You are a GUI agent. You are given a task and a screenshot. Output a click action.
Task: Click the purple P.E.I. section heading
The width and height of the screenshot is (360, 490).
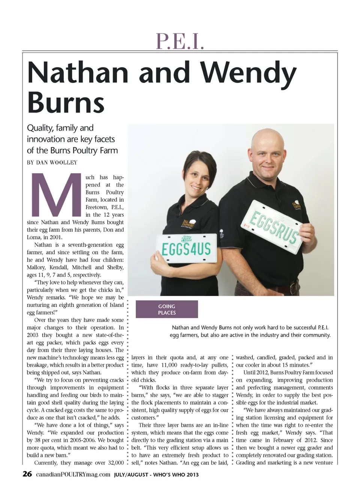[180, 42]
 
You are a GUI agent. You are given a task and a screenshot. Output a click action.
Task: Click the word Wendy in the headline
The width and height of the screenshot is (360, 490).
[248, 74]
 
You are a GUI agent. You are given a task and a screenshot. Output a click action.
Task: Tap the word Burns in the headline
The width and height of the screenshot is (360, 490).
[66, 102]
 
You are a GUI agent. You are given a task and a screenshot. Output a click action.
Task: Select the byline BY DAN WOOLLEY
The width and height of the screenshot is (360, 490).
[52, 162]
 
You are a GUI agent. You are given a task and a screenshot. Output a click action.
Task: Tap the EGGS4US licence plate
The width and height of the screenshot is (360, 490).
[186, 248]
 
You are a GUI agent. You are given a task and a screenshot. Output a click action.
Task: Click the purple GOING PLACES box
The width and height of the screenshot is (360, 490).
[167, 310]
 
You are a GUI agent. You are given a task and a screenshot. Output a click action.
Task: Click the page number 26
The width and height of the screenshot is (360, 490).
[27, 474]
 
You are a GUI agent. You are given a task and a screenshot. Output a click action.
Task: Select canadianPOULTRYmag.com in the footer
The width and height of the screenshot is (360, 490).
[73, 474]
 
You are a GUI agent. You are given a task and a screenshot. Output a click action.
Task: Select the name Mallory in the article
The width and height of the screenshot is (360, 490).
[36, 267]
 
